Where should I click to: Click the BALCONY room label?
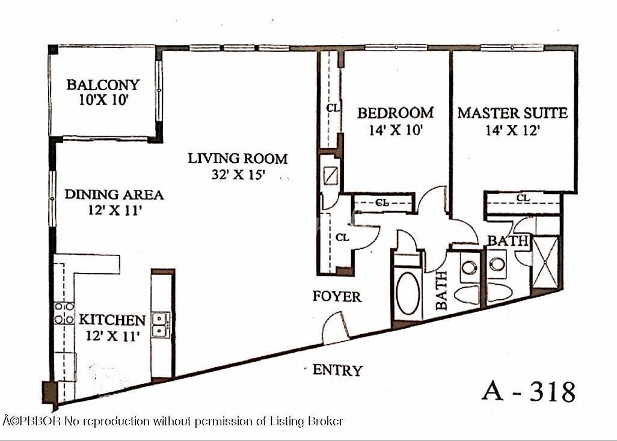[103, 85]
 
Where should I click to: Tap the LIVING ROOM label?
[238, 159]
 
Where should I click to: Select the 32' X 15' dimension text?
[238, 174]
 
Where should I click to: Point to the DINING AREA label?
[114, 195]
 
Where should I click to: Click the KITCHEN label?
[112, 320]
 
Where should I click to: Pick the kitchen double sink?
[161, 324]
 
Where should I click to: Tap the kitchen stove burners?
[64, 313]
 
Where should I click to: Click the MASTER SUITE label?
[512, 113]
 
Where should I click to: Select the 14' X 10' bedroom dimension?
[396, 130]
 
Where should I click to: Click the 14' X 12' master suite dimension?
[512, 130]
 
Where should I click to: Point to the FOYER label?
[337, 296]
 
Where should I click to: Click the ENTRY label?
[337, 370]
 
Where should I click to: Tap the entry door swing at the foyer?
[334, 329]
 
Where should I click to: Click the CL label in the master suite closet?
[523, 198]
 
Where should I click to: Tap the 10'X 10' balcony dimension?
[104, 100]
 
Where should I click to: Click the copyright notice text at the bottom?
[173, 421]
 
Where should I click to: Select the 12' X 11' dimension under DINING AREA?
[114, 211]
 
